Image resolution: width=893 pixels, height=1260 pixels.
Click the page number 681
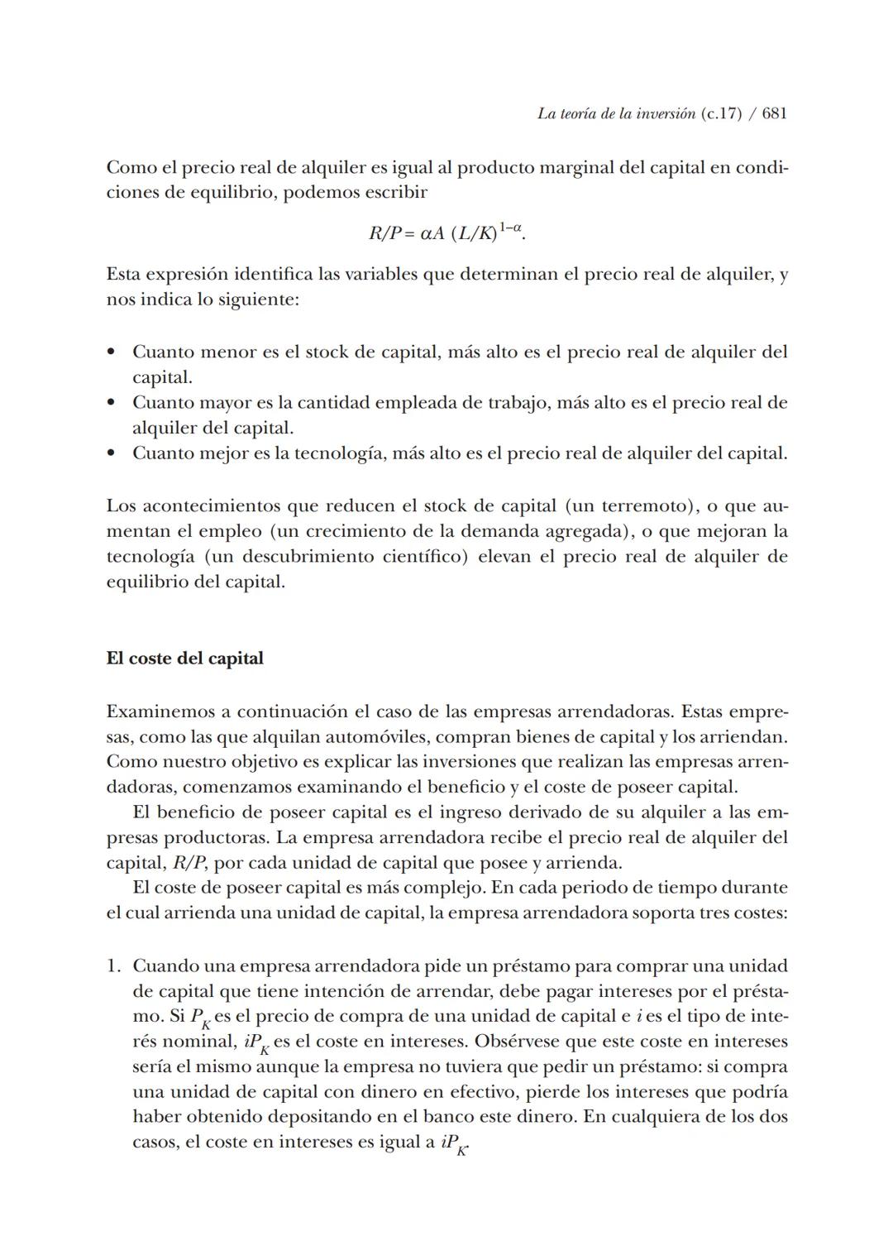[774, 114]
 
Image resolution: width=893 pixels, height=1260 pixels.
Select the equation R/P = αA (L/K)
[446, 232]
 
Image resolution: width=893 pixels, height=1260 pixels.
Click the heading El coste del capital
[184, 659]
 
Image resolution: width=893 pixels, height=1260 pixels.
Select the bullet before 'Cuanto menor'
[111, 352]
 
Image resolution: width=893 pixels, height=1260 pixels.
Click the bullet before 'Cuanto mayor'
[111, 403]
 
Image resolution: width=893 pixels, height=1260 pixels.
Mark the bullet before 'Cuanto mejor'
[111, 453]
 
